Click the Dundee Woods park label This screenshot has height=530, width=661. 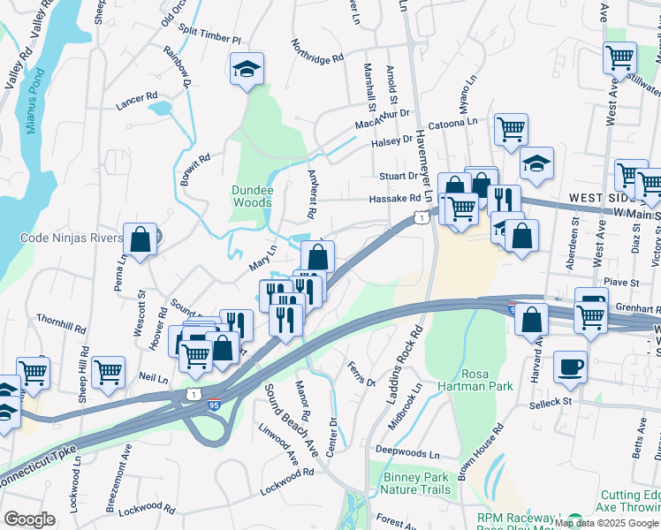252,196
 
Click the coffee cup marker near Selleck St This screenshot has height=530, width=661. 570,365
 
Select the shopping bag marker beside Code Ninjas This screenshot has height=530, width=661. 141,238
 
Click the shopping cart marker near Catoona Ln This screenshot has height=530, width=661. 511,128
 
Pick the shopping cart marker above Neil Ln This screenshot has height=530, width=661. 108,371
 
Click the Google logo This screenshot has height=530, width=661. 29,519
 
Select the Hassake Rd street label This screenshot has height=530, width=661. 394,199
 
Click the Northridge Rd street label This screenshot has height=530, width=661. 316,54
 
